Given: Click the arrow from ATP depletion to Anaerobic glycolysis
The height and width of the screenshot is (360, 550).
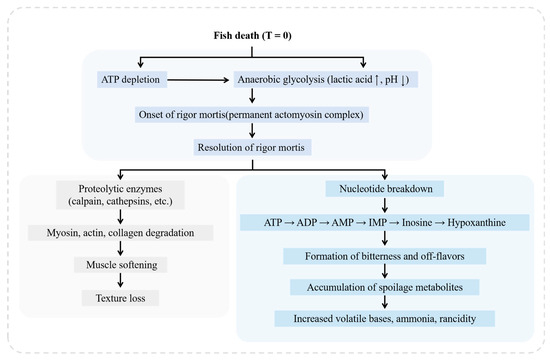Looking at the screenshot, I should click(x=206, y=79).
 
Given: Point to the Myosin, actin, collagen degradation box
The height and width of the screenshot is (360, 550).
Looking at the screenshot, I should click(x=133, y=232).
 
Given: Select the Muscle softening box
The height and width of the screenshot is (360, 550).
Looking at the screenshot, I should click(x=133, y=265).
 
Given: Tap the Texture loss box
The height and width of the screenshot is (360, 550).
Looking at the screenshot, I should click(x=133, y=298).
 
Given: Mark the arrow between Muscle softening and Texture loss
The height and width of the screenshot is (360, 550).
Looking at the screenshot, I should click(x=133, y=282).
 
